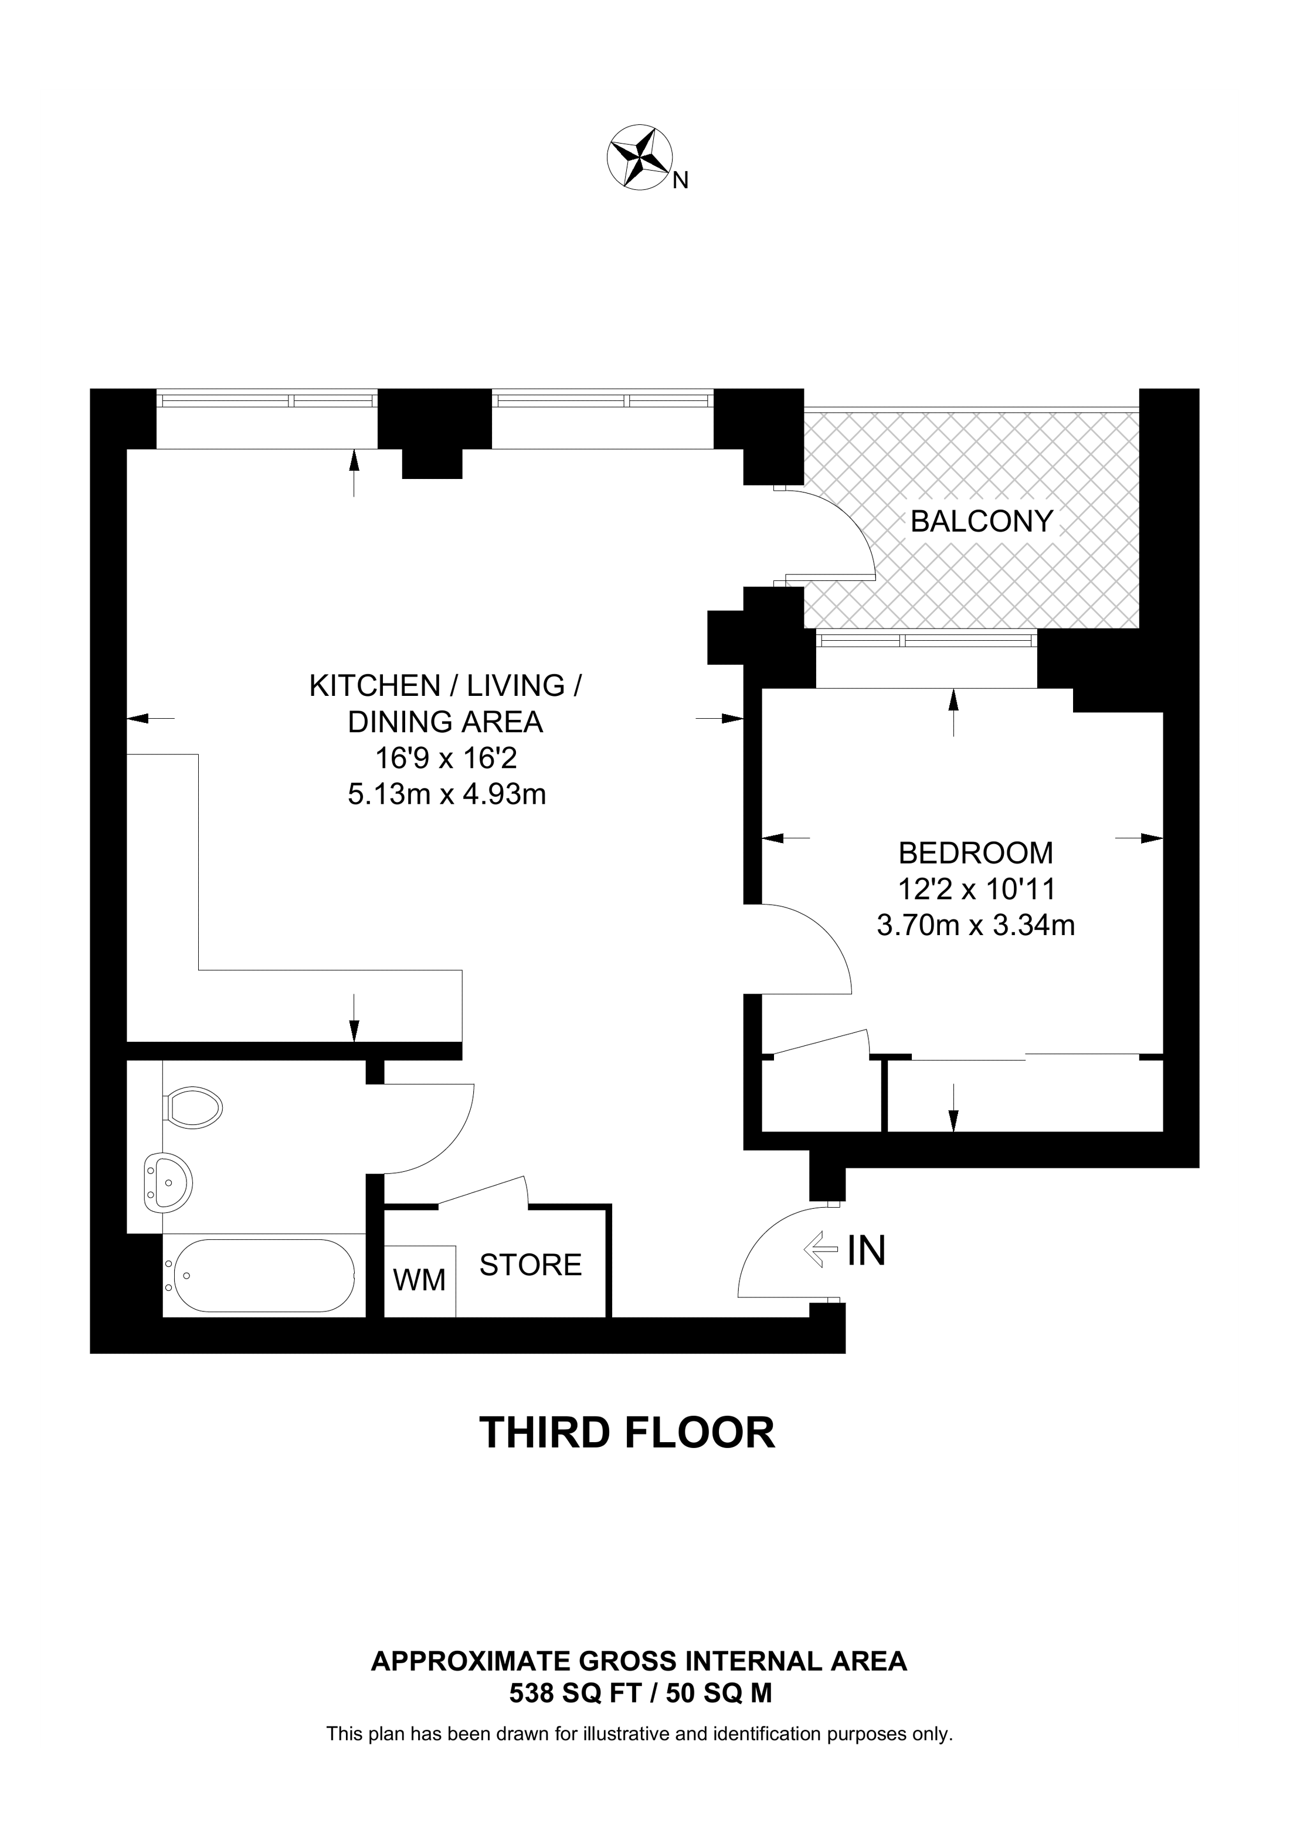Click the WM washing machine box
click(420, 1280)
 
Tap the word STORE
click(530, 1265)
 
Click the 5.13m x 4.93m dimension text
click(447, 794)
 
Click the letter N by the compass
click(680, 182)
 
